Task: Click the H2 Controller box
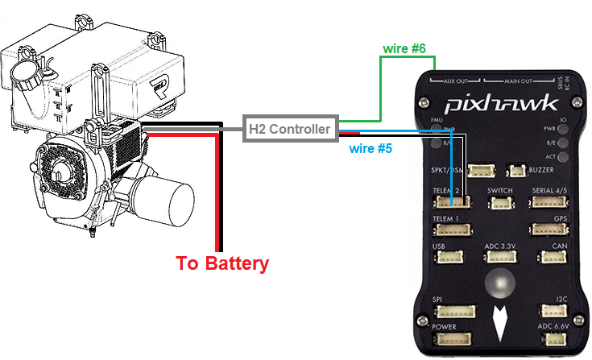click(x=289, y=128)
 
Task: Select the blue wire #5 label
click(x=370, y=149)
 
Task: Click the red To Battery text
click(x=223, y=263)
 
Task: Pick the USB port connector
click(x=446, y=257)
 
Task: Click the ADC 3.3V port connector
click(x=499, y=257)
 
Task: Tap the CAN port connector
click(x=554, y=257)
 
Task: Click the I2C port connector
click(x=557, y=311)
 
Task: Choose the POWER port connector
click(x=454, y=339)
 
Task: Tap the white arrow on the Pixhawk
click(x=500, y=320)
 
